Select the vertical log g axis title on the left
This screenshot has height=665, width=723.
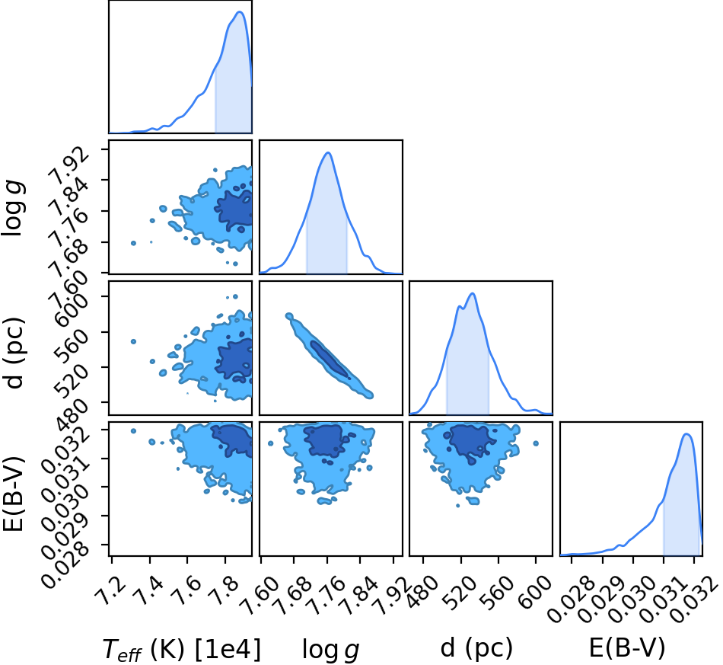click(x=13, y=208)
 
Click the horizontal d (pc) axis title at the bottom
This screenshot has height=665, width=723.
click(x=476, y=648)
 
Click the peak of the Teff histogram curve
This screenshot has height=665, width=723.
click(x=240, y=11)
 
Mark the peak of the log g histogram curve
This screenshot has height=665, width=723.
click(x=328, y=152)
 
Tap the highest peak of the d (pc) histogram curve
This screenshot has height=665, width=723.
click(x=473, y=293)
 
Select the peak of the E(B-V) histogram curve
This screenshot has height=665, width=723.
click(x=686, y=433)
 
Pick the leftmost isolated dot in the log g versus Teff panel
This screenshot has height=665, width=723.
click(x=133, y=243)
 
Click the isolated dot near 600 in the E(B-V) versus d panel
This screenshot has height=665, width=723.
click(x=535, y=443)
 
